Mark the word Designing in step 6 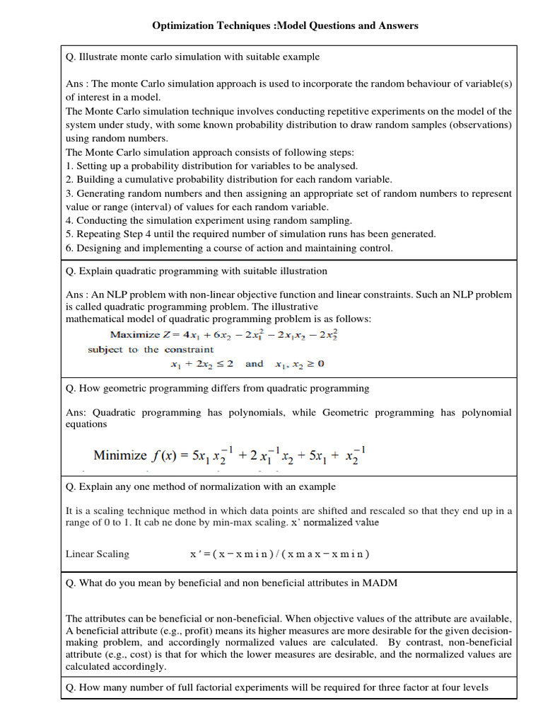98,248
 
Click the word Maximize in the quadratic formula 134,335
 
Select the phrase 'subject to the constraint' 151,350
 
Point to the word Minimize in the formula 120,456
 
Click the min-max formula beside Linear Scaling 279,554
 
